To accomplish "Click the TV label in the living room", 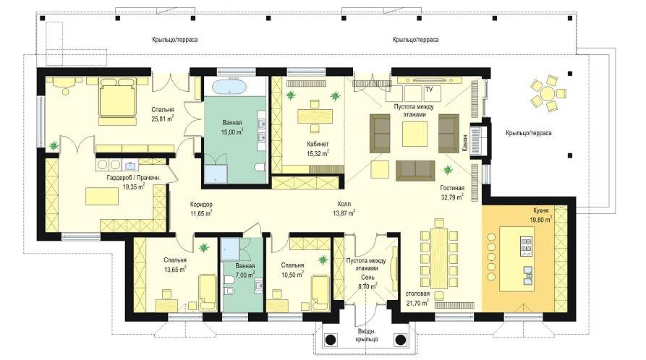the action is point(429,89).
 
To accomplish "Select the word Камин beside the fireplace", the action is point(464,143).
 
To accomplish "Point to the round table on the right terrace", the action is point(547,93).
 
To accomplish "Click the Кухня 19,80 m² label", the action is point(540,215).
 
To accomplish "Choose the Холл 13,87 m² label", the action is point(344,208).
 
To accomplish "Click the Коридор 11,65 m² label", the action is point(201,209).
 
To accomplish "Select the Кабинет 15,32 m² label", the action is point(318,149).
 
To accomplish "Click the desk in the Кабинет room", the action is point(315,116).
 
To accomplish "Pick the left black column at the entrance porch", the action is point(330,340).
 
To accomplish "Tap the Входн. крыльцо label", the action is point(367,335).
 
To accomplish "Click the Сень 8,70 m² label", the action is point(367,282).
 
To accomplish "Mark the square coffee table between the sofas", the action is point(413,134).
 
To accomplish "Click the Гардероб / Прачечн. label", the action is point(134,182).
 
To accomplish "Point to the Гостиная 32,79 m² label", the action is point(452,193).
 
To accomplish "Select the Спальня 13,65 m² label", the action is point(174,265).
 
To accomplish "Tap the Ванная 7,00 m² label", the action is point(245,270).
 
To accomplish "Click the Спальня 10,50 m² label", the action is point(292,270).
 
